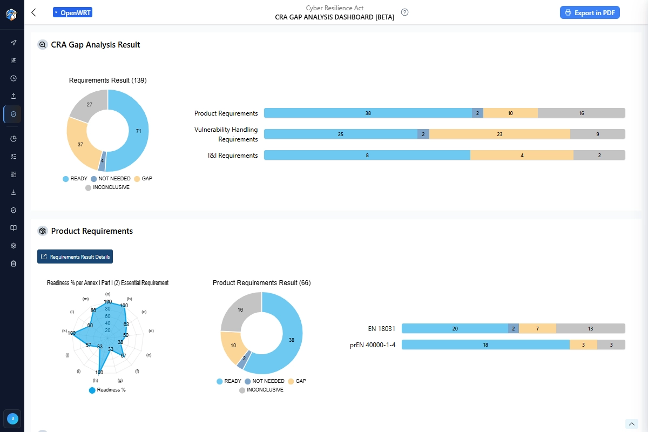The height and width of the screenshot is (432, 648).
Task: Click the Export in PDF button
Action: click(x=590, y=12)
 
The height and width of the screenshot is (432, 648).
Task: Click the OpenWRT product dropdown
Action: click(x=73, y=12)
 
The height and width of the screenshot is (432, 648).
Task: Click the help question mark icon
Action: click(x=404, y=12)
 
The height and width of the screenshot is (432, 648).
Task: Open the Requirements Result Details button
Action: click(x=75, y=256)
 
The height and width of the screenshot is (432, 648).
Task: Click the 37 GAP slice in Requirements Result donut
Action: click(x=80, y=145)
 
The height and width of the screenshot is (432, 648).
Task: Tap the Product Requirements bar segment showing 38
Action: click(x=368, y=113)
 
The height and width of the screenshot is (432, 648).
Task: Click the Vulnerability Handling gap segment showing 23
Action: click(x=500, y=134)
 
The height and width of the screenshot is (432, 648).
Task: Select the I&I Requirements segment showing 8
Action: click(x=367, y=156)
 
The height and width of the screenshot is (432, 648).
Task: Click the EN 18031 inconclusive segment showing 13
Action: click(x=590, y=328)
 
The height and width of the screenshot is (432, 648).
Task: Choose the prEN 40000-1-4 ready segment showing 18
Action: click(x=485, y=345)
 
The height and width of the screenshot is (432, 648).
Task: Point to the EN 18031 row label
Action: click(x=380, y=328)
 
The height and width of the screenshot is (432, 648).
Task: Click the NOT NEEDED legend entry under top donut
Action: click(x=111, y=179)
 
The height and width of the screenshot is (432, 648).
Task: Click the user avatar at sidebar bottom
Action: click(x=12, y=418)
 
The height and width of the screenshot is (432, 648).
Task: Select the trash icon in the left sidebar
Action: click(x=13, y=264)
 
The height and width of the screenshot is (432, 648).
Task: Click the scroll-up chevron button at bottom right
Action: click(x=631, y=424)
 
